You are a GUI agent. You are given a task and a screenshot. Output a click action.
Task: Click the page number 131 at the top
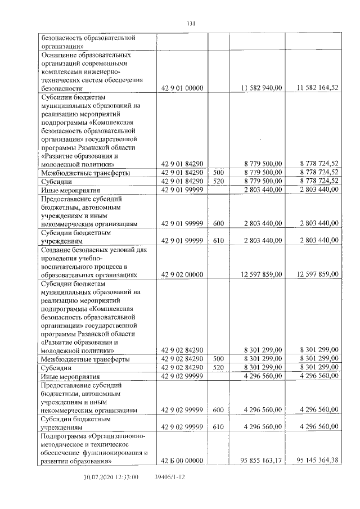tap(190, 23)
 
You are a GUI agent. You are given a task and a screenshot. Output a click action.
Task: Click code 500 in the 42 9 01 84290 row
tap(219, 172)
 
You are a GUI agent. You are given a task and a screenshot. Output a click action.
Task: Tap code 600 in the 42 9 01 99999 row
tap(219, 224)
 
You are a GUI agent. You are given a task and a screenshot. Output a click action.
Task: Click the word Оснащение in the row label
tap(58, 56)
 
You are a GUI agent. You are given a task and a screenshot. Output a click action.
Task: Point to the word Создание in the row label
tap(56, 250)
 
